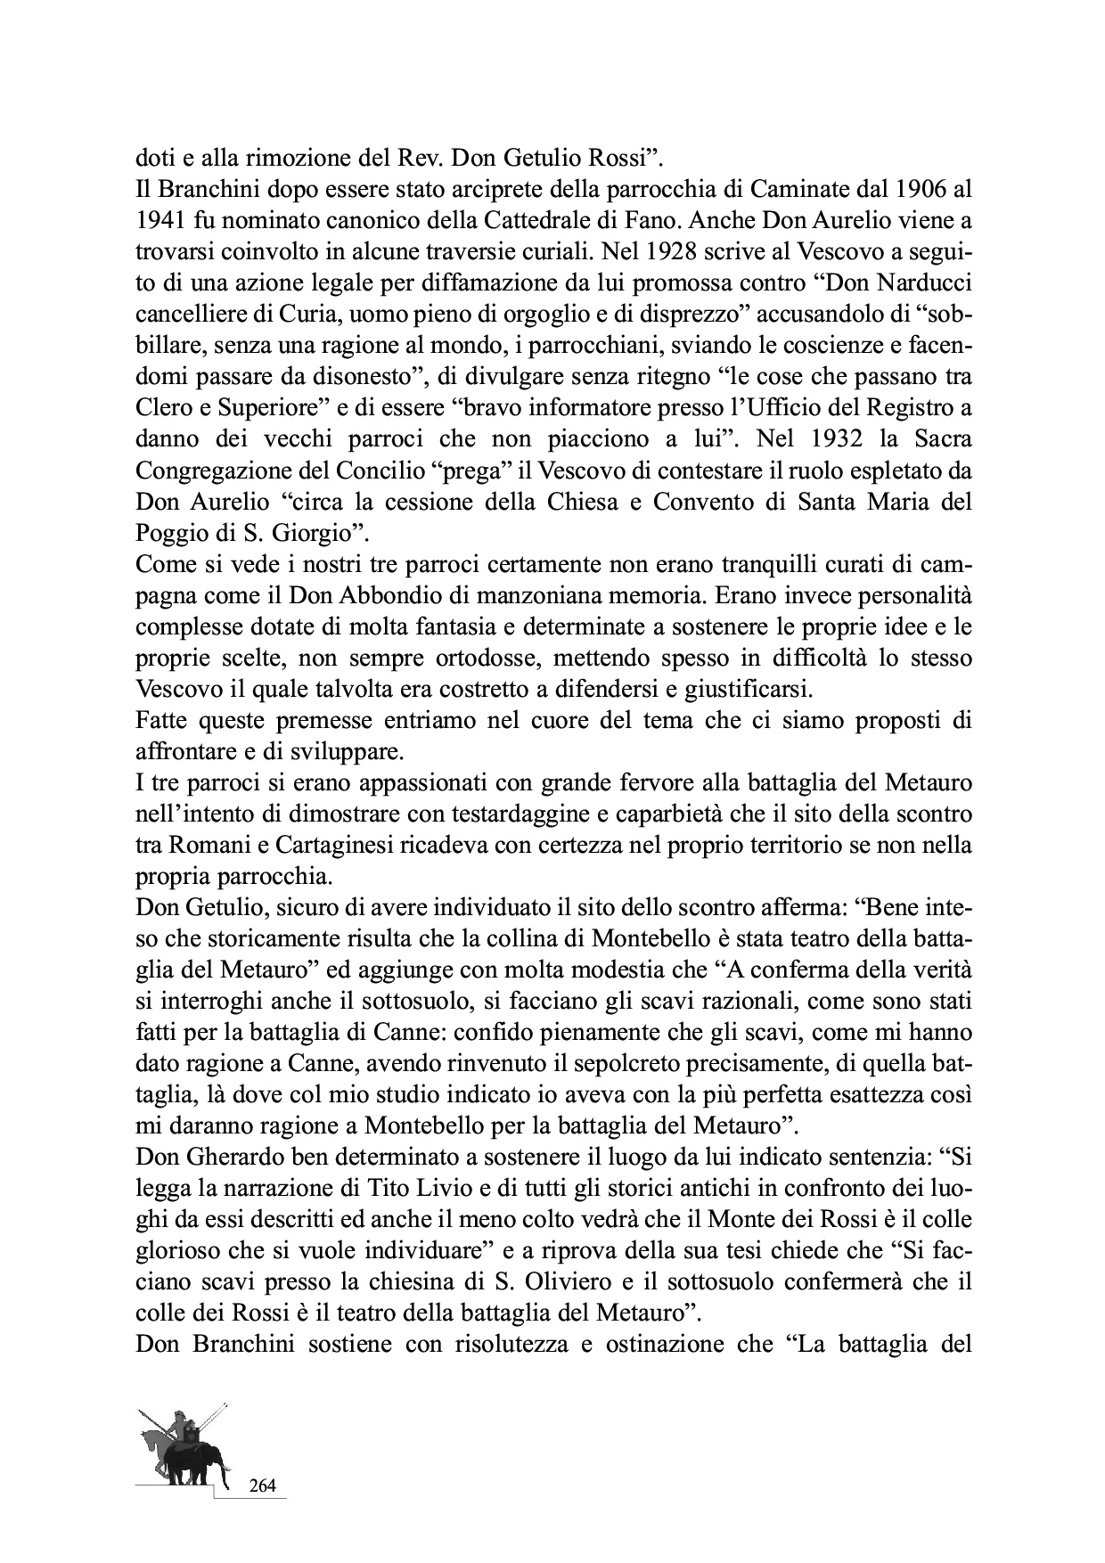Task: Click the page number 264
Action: pyautogui.click(x=263, y=1485)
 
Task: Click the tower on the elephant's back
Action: pyautogui.click(x=192, y=1435)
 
